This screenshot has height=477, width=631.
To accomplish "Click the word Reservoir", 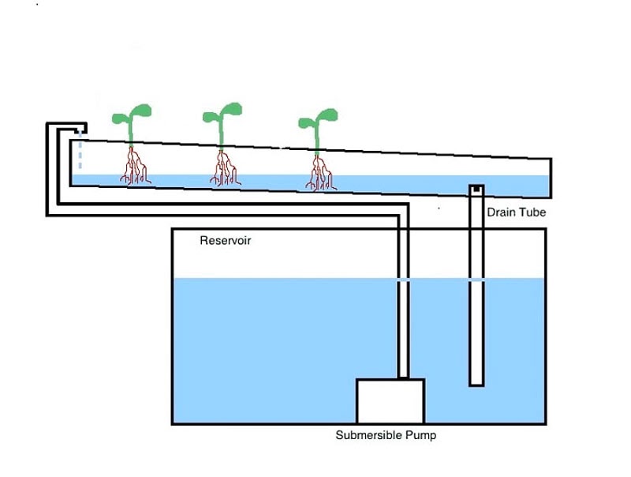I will click(x=226, y=240).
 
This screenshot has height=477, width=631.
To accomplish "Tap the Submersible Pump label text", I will click(x=385, y=435).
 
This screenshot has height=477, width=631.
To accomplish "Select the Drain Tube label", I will click(x=516, y=212).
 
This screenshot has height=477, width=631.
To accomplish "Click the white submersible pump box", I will click(x=390, y=401).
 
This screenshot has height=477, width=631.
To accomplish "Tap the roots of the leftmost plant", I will click(x=134, y=167).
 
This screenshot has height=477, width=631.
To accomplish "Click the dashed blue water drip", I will click(x=79, y=154).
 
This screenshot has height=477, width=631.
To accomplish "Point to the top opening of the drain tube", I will click(x=476, y=189).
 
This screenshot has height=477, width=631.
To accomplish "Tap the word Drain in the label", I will click(x=501, y=212).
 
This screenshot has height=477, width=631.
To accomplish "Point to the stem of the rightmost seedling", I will click(x=317, y=142).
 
